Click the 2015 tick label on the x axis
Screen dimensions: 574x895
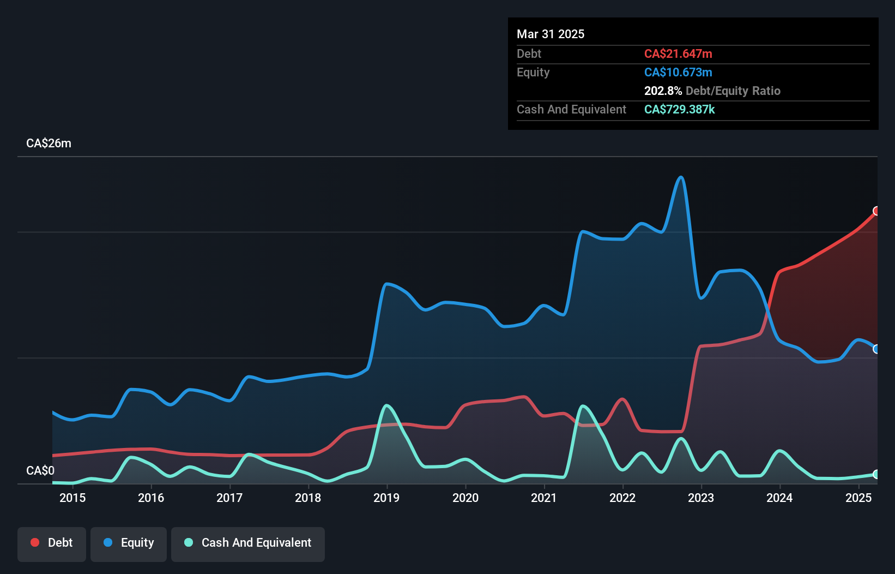(72, 498)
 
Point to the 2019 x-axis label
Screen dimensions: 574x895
(386, 498)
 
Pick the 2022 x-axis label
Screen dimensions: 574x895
(622, 498)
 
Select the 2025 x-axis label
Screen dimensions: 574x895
(858, 498)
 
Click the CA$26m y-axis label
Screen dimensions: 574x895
(49, 143)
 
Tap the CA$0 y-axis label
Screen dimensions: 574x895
(40, 470)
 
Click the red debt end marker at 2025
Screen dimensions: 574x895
(876, 211)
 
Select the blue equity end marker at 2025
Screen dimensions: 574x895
(876, 349)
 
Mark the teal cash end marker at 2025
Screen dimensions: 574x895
(876, 474)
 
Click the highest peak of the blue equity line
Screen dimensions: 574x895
(680, 177)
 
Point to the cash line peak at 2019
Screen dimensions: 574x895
(386, 405)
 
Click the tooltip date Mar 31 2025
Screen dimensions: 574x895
(551, 34)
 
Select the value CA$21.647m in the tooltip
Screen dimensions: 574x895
(678, 54)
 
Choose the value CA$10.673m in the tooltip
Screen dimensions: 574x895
(678, 73)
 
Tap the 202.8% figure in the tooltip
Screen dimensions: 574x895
(663, 91)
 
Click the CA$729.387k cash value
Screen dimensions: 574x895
(679, 110)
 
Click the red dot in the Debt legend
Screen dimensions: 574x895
(35, 542)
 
